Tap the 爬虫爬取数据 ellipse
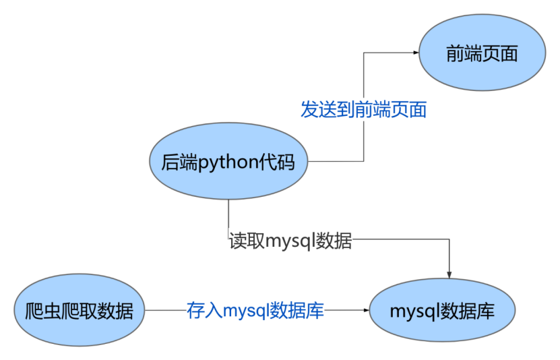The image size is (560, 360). tap(80, 311)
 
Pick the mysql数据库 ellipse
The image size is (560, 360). tap(442, 311)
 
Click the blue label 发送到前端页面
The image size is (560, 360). tap(363, 110)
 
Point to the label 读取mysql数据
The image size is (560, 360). tap(290, 241)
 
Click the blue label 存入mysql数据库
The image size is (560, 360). tap(255, 311)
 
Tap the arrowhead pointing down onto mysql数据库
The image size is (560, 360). tap(449, 274)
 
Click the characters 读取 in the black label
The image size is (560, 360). tap(241, 241)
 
